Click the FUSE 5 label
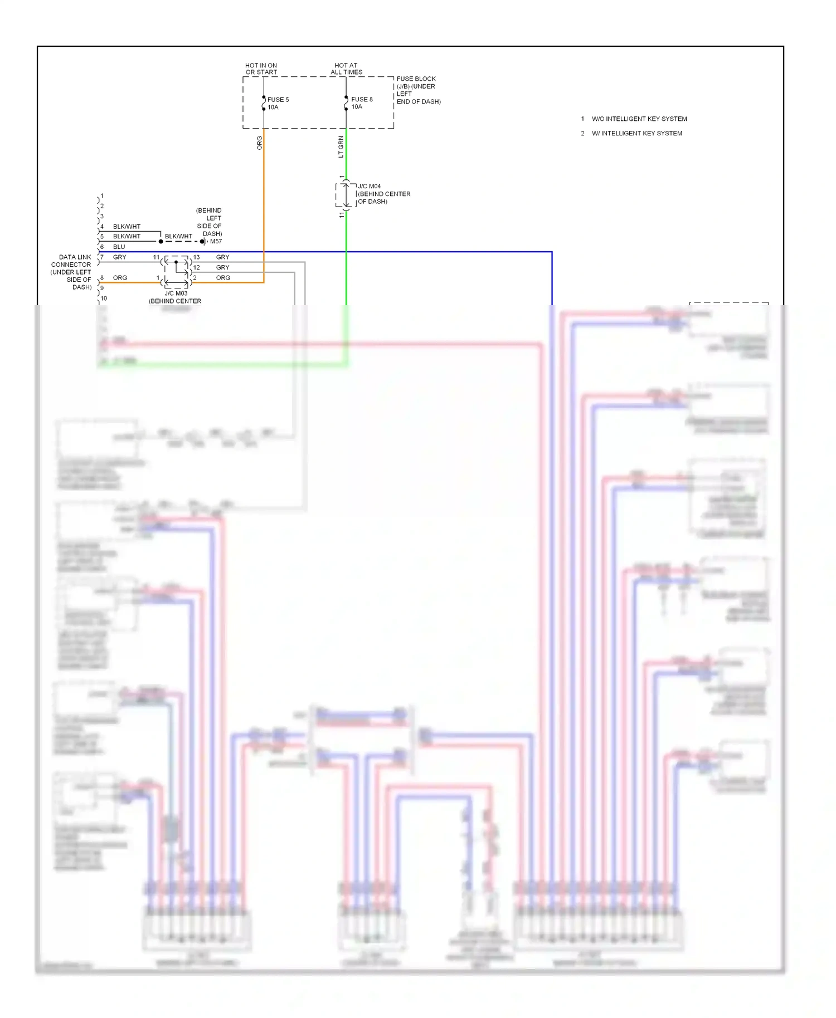click(x=278, y=100)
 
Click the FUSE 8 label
click(x=362, y=99)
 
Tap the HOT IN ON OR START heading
click(x=261, y=68)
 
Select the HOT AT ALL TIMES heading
click(x=346, y=68)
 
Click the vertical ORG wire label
click(x=259, y=143)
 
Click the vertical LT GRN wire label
click(x=341, y=147)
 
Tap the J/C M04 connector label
click(x=370, y=186)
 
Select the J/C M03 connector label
click(x=176, y=293)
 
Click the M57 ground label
click(x=216, y=241)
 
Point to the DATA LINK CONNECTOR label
click(x=71, y=272)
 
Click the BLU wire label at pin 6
click(x=119, y=247)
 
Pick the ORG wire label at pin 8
click(x=120, y=277)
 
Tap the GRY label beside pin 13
click(x=222, y=257)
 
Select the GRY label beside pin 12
click(x=222, y=267)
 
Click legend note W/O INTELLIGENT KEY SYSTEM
click(x=639, y=119)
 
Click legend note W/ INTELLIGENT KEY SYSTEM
click(x=636, y=133)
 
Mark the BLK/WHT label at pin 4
click(x=127, y=226)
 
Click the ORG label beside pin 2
click(x=223, y=277)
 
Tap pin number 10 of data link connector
click(x=104, y=298)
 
